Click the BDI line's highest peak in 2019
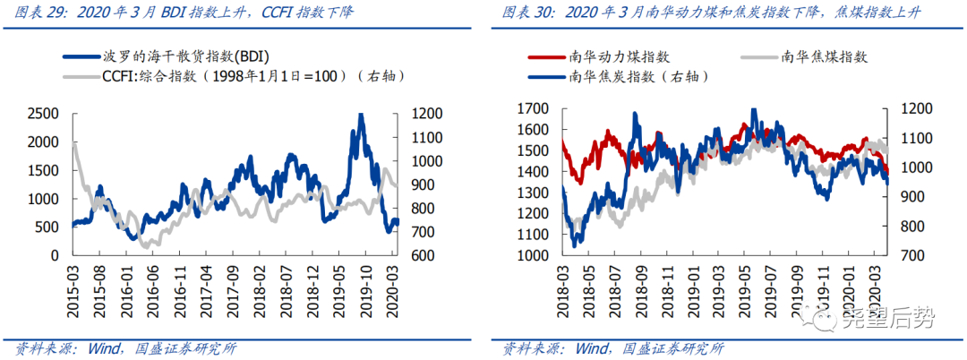coord(360,115)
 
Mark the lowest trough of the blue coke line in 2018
coord(574,244)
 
